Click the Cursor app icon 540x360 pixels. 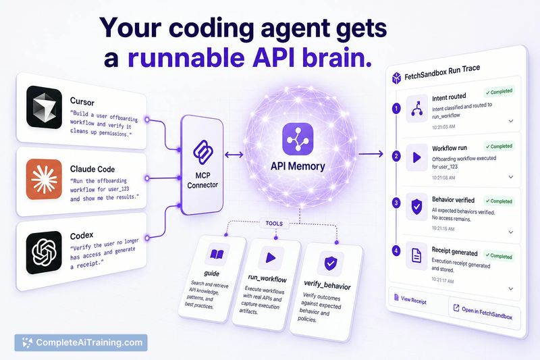(44, 107)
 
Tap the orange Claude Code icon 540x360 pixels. (44, 179)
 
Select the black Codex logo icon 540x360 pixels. (44, 252)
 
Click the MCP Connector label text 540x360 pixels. (202, 180)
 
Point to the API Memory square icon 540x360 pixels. (298, 139)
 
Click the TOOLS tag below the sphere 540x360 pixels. (274, 224)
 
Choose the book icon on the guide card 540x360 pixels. (217, 255)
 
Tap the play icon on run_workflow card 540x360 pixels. (271, 258)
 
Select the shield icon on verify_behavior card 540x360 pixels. (331, 263)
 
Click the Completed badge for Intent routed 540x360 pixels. (499, 92)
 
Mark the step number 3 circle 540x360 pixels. (396, 203)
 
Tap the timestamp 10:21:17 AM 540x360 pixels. (443, 280)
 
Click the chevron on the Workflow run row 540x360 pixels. (511, 177)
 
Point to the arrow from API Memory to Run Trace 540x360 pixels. (371, 153)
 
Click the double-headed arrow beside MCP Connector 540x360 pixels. (234, 155)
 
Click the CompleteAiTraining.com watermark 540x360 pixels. (81, 342)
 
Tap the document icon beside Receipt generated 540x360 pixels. (416, 255)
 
